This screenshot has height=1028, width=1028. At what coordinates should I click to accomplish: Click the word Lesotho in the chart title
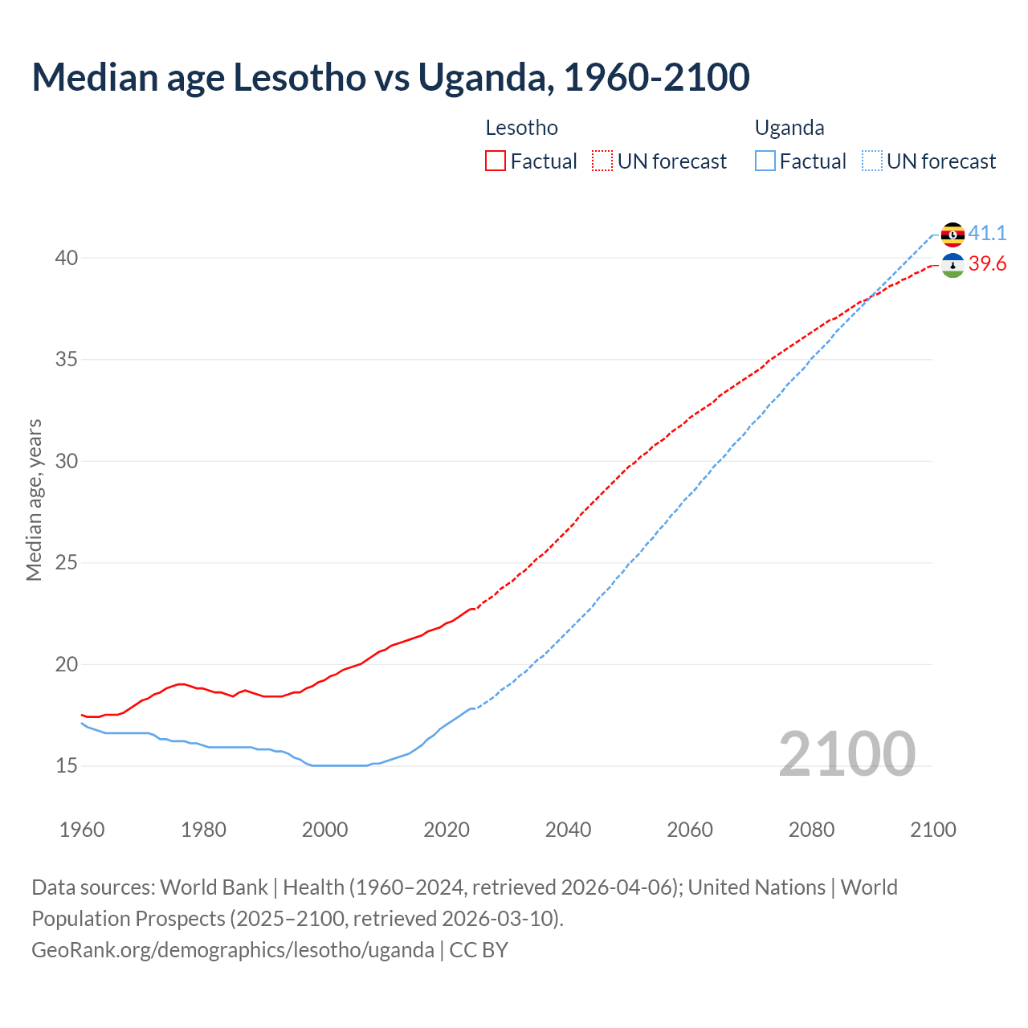[299, 78]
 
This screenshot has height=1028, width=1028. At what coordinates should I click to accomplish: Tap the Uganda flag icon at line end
[953, 234]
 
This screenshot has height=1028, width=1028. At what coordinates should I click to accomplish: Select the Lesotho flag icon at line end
[953, 265]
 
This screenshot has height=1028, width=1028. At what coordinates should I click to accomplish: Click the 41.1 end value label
[987, 233]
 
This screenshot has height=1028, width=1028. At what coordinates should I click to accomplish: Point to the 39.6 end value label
[987, 264]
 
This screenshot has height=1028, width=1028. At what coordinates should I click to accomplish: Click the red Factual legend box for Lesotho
[496, 161]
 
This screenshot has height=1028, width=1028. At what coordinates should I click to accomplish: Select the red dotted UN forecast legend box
[602, 161]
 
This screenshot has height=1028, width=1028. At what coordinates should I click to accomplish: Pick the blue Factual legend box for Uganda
[765, 161]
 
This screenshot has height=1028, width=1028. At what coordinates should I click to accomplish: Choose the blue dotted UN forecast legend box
[872, 161]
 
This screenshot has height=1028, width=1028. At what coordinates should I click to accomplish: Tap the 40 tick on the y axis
[67, 258]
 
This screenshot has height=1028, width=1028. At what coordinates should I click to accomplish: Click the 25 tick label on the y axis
[67, 562]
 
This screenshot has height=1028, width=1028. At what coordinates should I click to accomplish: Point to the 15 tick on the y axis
[67, 765]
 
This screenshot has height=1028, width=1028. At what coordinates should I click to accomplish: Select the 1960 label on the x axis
[82, 830]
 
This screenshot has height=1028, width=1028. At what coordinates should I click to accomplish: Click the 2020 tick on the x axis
[447, 830]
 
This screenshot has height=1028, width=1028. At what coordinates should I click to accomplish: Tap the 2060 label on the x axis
[690, 830]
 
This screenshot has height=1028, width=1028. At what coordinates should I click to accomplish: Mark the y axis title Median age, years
[35, 500]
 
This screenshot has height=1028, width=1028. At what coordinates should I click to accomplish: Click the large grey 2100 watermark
[846, 753]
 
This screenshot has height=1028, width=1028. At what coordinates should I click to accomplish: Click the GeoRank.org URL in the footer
[233, 950]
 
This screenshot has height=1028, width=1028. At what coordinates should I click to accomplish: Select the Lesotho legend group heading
[522, 128]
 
